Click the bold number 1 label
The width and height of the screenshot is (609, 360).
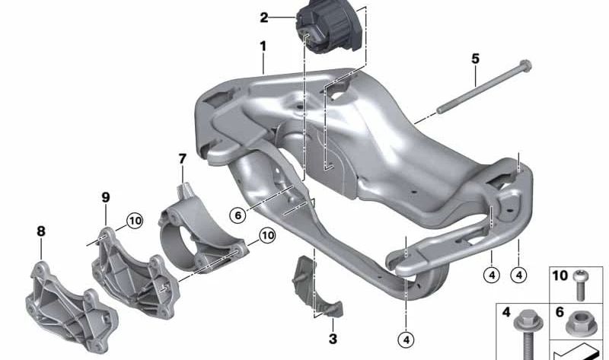(x=263, y=46)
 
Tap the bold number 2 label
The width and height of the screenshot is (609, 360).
(x=264, y=18)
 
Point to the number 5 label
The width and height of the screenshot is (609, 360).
(x=475, y=59)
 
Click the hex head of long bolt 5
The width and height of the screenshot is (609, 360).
(x=525, y=66)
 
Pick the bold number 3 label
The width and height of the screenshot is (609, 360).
(x=333, y=339)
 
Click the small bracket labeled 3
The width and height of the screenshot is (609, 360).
(x=317, y=287)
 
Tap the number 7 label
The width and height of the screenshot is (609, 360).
(x=183, y=158)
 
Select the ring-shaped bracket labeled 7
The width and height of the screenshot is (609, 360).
(x=202, y=229)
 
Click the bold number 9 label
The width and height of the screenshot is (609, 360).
(x=106, y=197)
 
